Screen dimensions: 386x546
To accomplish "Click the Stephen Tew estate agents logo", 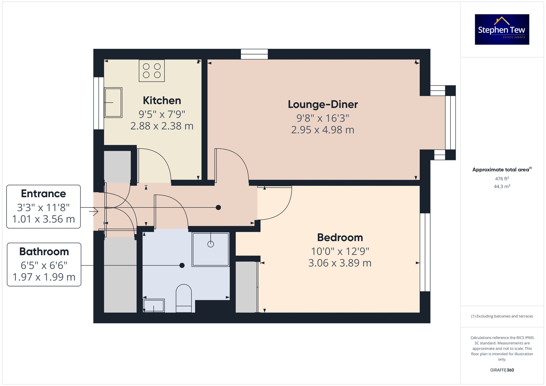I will (502, 29).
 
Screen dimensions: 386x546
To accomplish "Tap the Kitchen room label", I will (162, 100).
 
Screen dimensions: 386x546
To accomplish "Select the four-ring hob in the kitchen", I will (152, 71).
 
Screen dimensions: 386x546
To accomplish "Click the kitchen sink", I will (113, 103).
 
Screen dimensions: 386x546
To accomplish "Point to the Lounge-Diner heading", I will (323, 104).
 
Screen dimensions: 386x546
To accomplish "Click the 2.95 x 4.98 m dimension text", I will (323, 130).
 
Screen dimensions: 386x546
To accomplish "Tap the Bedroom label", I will (340, 237).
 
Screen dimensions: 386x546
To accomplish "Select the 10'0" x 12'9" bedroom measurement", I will (340, 251).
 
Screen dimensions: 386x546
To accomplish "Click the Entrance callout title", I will (43, 194).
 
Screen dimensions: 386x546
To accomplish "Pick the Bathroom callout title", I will (44, 252).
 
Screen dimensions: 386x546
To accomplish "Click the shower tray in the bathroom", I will (210, 249).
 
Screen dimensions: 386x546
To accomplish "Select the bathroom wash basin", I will (153, 306).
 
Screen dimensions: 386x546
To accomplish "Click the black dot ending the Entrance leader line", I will (218, 208).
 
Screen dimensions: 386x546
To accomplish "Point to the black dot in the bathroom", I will (182, 265).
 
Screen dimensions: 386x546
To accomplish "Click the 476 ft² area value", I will (502, 179).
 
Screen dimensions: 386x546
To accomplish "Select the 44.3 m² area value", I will (502, 186).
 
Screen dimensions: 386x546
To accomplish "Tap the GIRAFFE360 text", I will (502, 370).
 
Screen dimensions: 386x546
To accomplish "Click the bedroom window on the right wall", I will (425, 252).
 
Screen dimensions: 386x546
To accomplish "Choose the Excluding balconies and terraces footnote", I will (502, 316).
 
